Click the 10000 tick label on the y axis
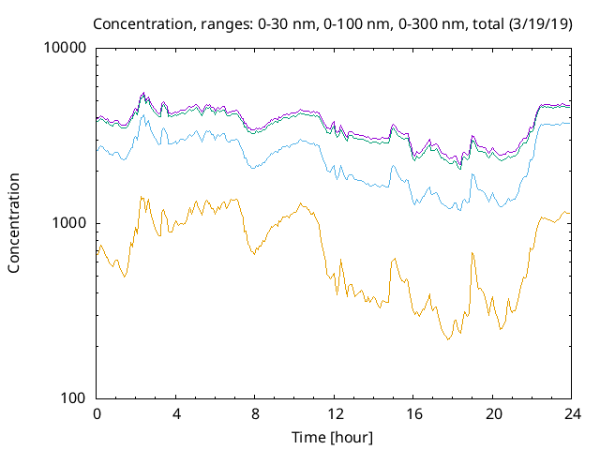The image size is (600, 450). pyautogui.click(x=66, y=49)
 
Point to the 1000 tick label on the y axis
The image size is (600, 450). pyautogui.click(x=69, y=223)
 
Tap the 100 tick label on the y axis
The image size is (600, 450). pyautogui.click(x=73, y=397)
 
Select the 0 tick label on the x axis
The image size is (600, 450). pyautogui.click(x=97, y=414)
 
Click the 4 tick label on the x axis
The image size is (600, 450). pyautogui.click(x=176, y=414)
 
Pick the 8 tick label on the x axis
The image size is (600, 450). pyautogui.click(x=255, y=414)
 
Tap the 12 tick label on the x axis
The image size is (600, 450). pyautogui.click(x=334, y=414)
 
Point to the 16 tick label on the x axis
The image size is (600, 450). pyautogui.click(x=413, y=414)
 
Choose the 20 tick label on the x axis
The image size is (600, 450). pyautogui.click(x=492, y=414)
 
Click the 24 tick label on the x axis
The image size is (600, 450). pyautogui.click(x=571, y=414)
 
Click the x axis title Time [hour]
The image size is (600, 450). pyautogui.click(x=334, y=437)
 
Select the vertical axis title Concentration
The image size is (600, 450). pyautogui.click(x=14, y=223)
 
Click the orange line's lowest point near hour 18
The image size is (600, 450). pyautogui.click(x=448, y=338)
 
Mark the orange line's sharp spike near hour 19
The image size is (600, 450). pyautogui.click(x=472, y=252)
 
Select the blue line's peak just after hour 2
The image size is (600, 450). pyautogui.click(x=142, y=116)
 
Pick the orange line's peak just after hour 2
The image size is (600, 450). pyautogui.click(x=141, y=196)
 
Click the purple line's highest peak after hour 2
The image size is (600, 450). pyautogui.click(x=143, y=93)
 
